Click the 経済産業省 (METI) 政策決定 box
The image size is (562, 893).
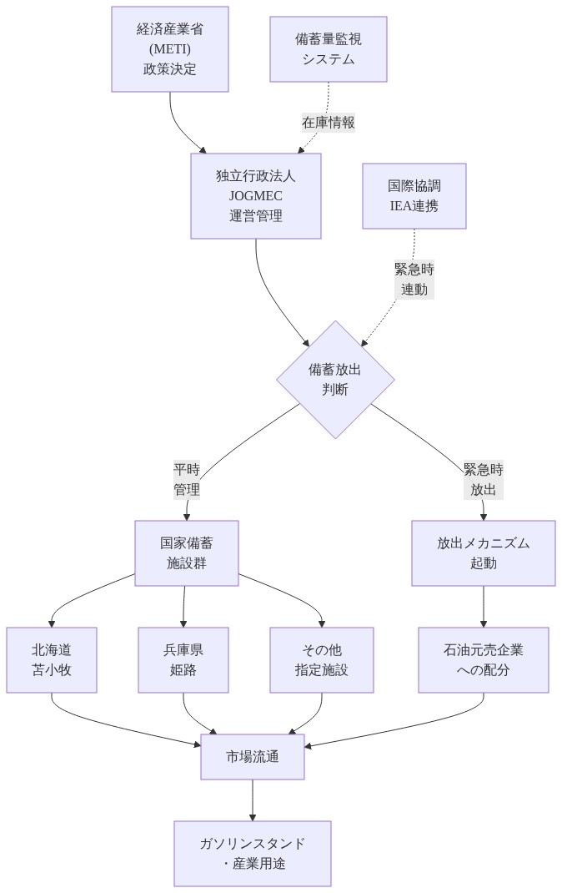tap(170, 49)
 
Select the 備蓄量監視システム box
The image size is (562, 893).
tap(329, 49)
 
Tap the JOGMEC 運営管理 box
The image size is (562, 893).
tap(256, 196)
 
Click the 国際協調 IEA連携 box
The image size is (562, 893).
tap(414, 196)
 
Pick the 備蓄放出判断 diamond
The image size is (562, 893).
tap(335, 380)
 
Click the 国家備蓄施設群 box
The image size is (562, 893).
tap(187, 553)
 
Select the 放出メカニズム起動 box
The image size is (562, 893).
tap(484, 553)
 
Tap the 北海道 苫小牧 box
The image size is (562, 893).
tap(52, 660)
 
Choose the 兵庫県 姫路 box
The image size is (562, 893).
tap(183, 660)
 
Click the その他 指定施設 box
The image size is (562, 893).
tap(322, 660)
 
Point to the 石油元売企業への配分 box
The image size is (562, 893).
tap(484, 660)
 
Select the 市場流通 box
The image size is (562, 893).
tap(253, 757)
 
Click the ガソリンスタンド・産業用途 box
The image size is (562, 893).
tap(253, 854)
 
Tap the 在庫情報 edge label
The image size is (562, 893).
tap(329, 123)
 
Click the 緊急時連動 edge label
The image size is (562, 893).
tap(414, 280)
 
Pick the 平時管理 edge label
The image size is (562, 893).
tap(187, 479)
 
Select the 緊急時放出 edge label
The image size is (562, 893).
tap(484, 479)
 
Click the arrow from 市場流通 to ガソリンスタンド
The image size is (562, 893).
tap(253, 800)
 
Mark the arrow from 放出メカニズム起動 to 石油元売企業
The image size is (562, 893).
tap(484, 607)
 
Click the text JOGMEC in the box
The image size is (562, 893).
tap(256, 196)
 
